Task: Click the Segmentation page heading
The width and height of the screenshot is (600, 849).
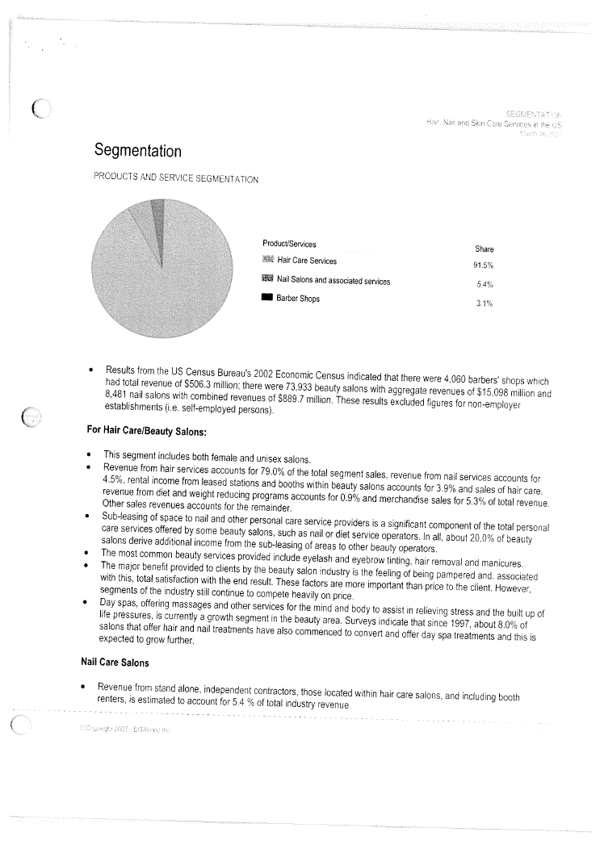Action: click(137, 151)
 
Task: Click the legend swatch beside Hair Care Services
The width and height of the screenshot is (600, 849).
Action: click(267, 261)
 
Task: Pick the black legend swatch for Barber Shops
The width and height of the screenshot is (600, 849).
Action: click(267, 299)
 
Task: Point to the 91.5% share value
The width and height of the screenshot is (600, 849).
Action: click(484, 266)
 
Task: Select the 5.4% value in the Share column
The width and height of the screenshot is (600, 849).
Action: click(485, 285)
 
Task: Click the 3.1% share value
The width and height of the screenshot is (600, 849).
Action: click(484, 303)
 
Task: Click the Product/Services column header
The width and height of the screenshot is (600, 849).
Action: click(290, 243)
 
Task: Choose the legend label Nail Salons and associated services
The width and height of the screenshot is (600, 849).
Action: click(334, 280)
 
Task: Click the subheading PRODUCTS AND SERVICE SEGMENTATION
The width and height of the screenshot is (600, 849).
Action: click(175, 178)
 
